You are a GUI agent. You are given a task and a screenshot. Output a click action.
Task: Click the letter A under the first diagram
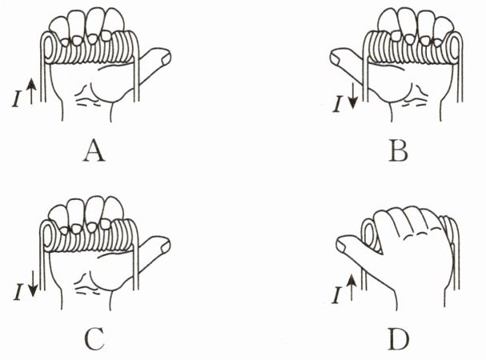(x=94, y=150)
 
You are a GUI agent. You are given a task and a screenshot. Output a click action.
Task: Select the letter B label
(x=398, y=150)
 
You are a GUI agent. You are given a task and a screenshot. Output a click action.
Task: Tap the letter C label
(x=94, y=338)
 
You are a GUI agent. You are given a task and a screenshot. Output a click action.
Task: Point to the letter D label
(x=398, y=338)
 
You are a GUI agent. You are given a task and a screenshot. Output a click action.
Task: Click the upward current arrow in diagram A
(x=31, y=91)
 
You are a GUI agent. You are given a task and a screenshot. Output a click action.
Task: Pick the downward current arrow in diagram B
(x=353, y=98)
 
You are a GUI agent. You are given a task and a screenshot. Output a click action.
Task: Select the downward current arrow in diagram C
(x=33, y=284)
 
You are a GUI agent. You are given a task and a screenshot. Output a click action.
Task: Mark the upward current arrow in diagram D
(x=351, y=288)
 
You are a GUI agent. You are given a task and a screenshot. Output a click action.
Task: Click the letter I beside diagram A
(x=17, y=100)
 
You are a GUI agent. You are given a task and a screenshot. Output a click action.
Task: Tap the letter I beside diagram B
(x=338, y=105)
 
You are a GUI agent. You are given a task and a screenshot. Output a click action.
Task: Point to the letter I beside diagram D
(x=336, y=296)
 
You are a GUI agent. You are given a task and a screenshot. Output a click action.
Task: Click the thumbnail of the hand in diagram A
(x=166, y=58)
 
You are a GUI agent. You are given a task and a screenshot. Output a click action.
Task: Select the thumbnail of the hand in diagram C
(x=165, y=246)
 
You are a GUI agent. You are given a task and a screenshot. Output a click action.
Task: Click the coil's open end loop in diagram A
(x=49, y=49)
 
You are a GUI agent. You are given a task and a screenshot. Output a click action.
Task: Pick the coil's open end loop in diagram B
(x=454, y=49)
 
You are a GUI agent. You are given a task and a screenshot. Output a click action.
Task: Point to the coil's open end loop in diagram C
(x=47, y=237)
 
